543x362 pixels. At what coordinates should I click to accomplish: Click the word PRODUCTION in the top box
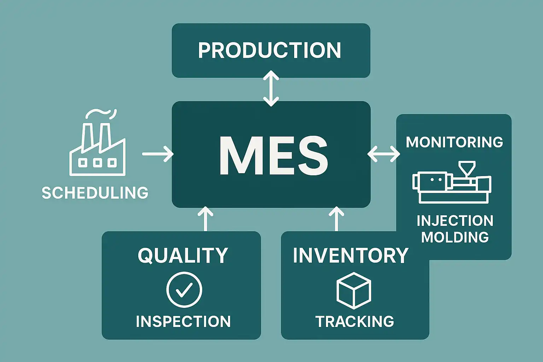point(270,50)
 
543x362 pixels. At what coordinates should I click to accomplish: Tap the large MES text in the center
point(273,156)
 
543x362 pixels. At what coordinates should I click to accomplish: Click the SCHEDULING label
point(95,193)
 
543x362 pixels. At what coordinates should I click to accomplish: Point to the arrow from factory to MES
point(158,154)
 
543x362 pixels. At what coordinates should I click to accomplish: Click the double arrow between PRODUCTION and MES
point(271,88)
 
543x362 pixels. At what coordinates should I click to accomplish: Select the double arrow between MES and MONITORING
point(384,154)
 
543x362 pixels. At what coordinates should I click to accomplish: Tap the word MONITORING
point(454,142)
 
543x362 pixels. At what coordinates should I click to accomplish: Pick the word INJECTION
point(455,221)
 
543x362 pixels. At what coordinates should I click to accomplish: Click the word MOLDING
point(455,237)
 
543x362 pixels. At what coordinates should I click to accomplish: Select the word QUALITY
point(183,255)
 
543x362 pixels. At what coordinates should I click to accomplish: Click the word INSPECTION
point(183,322)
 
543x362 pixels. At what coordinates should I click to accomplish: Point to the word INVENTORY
point(350,255)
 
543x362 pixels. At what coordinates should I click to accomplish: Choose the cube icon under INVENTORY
point(354,291)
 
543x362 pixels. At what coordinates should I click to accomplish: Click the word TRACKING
point(355,322)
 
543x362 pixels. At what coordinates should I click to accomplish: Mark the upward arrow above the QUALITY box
point(205,219)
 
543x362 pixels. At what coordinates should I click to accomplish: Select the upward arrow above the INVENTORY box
point(336,219)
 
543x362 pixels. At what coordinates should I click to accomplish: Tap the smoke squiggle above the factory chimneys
point(101,113)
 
